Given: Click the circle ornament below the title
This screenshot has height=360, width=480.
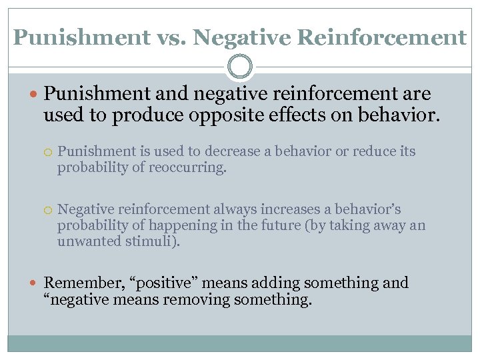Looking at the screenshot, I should [239, 67].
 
